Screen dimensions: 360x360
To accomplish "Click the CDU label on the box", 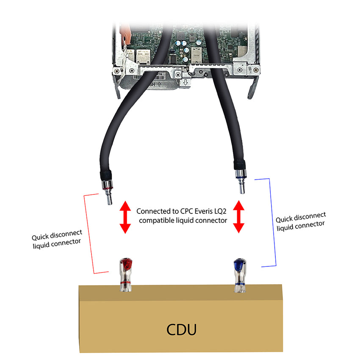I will coord(181,329).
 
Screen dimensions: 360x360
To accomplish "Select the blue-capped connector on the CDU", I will coord(239,275).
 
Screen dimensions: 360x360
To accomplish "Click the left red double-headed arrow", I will coord(125,217).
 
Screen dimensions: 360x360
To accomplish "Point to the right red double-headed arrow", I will coord(239,217).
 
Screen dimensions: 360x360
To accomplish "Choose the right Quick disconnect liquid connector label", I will coord(301,222).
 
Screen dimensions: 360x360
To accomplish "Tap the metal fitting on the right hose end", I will coord(241,180).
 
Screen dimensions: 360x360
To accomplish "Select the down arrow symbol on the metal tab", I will coord(185,83).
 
